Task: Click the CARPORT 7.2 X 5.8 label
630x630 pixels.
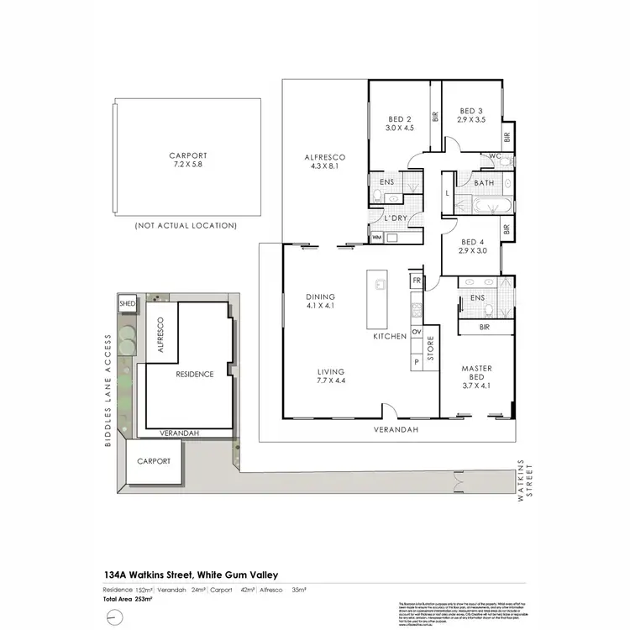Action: pos(186,160)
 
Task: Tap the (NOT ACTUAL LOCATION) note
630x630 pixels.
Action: pos(186,226)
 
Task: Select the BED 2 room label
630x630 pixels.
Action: pos(398,124)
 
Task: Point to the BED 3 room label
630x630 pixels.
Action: pos(471,115)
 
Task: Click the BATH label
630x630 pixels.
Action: pos(484,182)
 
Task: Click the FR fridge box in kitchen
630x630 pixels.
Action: pos(415,280)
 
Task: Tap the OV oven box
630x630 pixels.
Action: pos(415,332)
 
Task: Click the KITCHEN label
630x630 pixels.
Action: pos(390,336)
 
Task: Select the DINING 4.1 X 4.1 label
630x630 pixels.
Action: pos(321,302)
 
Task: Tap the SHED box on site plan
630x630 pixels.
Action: pos(128,302)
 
